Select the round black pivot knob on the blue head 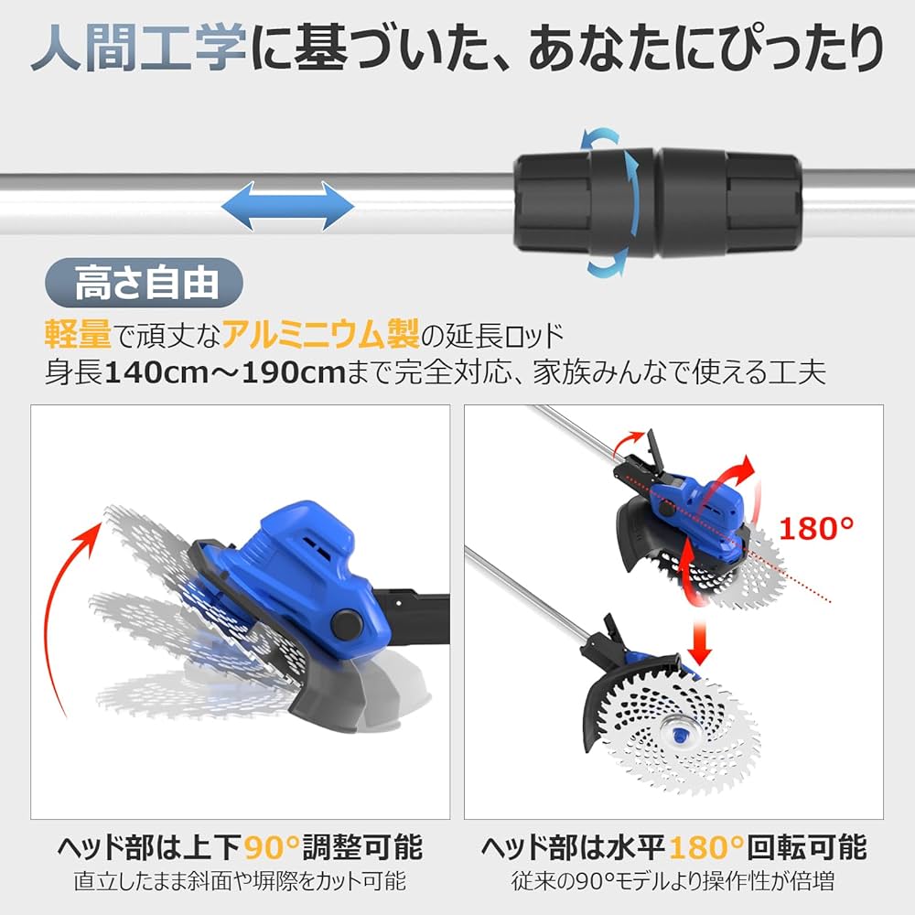tap(345, 625)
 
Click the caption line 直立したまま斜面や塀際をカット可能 tap(240, 883)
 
